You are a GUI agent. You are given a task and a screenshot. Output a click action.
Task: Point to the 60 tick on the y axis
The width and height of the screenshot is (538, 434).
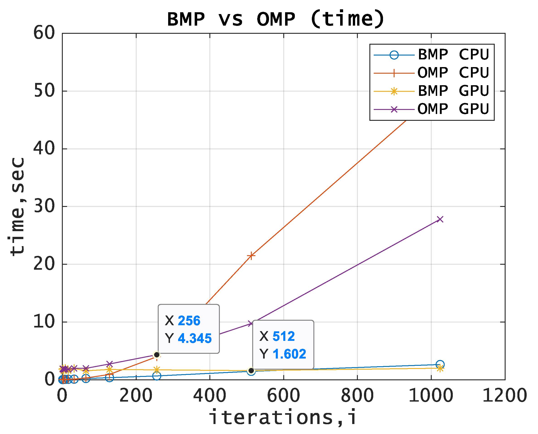(44, 33)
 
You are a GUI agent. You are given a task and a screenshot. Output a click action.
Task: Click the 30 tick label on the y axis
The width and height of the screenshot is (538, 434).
(44, 206)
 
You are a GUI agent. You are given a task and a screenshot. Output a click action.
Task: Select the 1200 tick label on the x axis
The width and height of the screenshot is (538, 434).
(504, 396)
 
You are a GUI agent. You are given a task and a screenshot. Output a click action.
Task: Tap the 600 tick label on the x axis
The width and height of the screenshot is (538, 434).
(284, 396)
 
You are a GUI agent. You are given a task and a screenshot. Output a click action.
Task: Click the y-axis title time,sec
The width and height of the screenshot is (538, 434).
(17, 206)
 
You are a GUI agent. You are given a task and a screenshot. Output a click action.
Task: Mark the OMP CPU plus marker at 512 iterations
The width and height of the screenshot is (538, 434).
(251, 256)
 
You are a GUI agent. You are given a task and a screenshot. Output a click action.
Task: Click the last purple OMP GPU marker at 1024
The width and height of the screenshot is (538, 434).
(440, 219)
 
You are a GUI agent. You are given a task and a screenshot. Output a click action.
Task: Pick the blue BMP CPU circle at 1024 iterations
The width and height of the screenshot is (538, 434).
(440, 364)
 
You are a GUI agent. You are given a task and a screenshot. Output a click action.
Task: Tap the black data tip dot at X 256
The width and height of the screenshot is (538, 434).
(157, 355)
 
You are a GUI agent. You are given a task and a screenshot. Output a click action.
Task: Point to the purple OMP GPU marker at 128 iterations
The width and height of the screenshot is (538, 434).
(109, 364)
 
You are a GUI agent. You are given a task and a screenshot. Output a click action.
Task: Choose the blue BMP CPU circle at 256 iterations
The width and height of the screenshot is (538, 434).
(157, 376)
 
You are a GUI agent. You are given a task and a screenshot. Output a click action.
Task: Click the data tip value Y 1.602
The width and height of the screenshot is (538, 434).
(289, 354)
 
